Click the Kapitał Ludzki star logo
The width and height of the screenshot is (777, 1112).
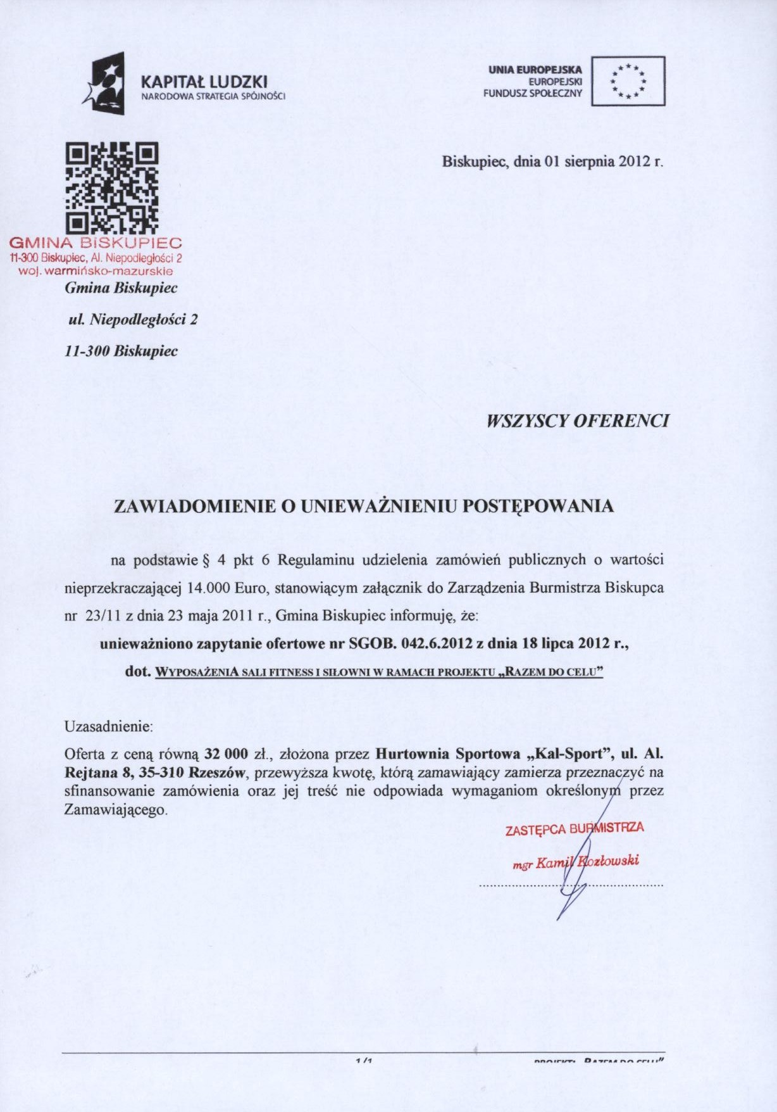coord(104,84)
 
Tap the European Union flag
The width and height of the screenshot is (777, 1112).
coord(628,81)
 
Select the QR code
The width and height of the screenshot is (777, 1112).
coord(113,188)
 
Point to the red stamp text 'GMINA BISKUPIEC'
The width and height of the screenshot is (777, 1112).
coord(96,243)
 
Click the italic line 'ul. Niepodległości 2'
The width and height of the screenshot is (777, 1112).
coord(133,320)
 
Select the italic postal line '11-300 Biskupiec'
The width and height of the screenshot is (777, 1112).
coord(121,351)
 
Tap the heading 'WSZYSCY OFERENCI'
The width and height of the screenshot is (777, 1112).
coord(577,421)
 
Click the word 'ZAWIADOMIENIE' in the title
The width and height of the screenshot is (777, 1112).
coord(194,507)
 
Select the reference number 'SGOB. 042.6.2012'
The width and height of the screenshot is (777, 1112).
coord(411,643)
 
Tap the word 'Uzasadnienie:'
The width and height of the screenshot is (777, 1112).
coord(109,726)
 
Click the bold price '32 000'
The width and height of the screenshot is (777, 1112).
coord(227,754)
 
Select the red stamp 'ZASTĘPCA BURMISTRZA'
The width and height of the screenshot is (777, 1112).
coord(575,829)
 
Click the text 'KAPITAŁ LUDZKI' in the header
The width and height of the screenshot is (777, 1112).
coord(204,82)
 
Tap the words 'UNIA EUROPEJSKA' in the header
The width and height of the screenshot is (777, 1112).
coord(535,70)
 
